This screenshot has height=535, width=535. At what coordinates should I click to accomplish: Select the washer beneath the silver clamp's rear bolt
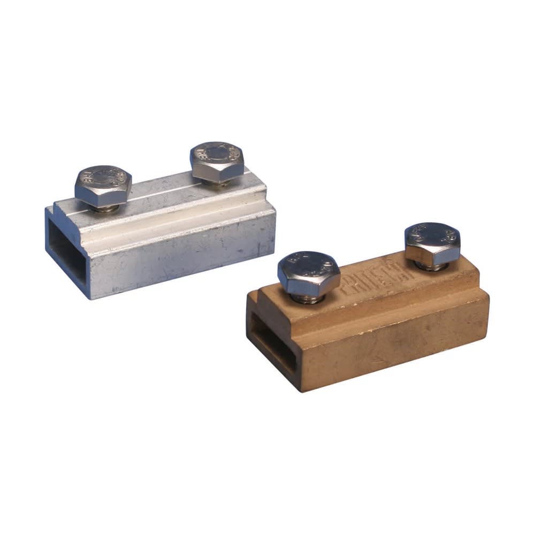tap(219, 182)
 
